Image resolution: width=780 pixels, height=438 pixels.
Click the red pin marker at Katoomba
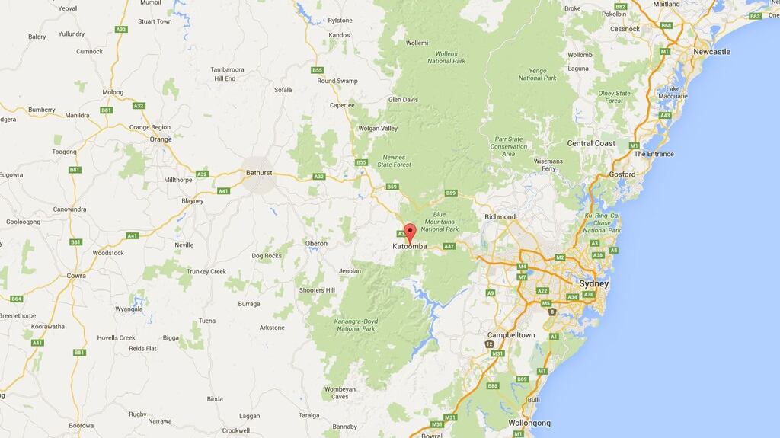(410, 232)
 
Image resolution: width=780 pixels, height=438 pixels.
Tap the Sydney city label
(594, 283)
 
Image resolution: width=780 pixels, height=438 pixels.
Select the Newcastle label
(711, 52)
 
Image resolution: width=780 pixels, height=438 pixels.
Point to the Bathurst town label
(259, 173)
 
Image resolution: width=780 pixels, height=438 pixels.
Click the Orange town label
(161, 139)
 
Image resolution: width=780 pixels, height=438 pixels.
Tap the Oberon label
(316, 244)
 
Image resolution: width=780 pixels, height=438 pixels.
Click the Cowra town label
(76, 276)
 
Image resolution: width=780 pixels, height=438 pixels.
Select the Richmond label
(500, 216)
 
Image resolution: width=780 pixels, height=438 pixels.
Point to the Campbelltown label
(511, 335)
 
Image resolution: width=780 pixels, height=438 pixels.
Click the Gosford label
(622, 174)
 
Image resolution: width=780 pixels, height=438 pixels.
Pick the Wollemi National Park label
(446, 57)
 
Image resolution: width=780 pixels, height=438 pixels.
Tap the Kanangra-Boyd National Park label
(355, 325)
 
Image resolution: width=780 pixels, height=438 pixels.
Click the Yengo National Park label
(538, 74)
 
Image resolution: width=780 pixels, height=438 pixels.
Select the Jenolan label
(350, 270)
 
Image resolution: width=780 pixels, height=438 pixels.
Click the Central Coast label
(591, 143)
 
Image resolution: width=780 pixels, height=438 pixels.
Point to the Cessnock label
(625, 29)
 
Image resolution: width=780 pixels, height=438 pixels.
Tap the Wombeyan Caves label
(340, 393)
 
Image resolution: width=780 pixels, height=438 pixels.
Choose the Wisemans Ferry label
(548, 165)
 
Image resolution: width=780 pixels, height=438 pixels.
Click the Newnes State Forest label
(394, 161)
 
